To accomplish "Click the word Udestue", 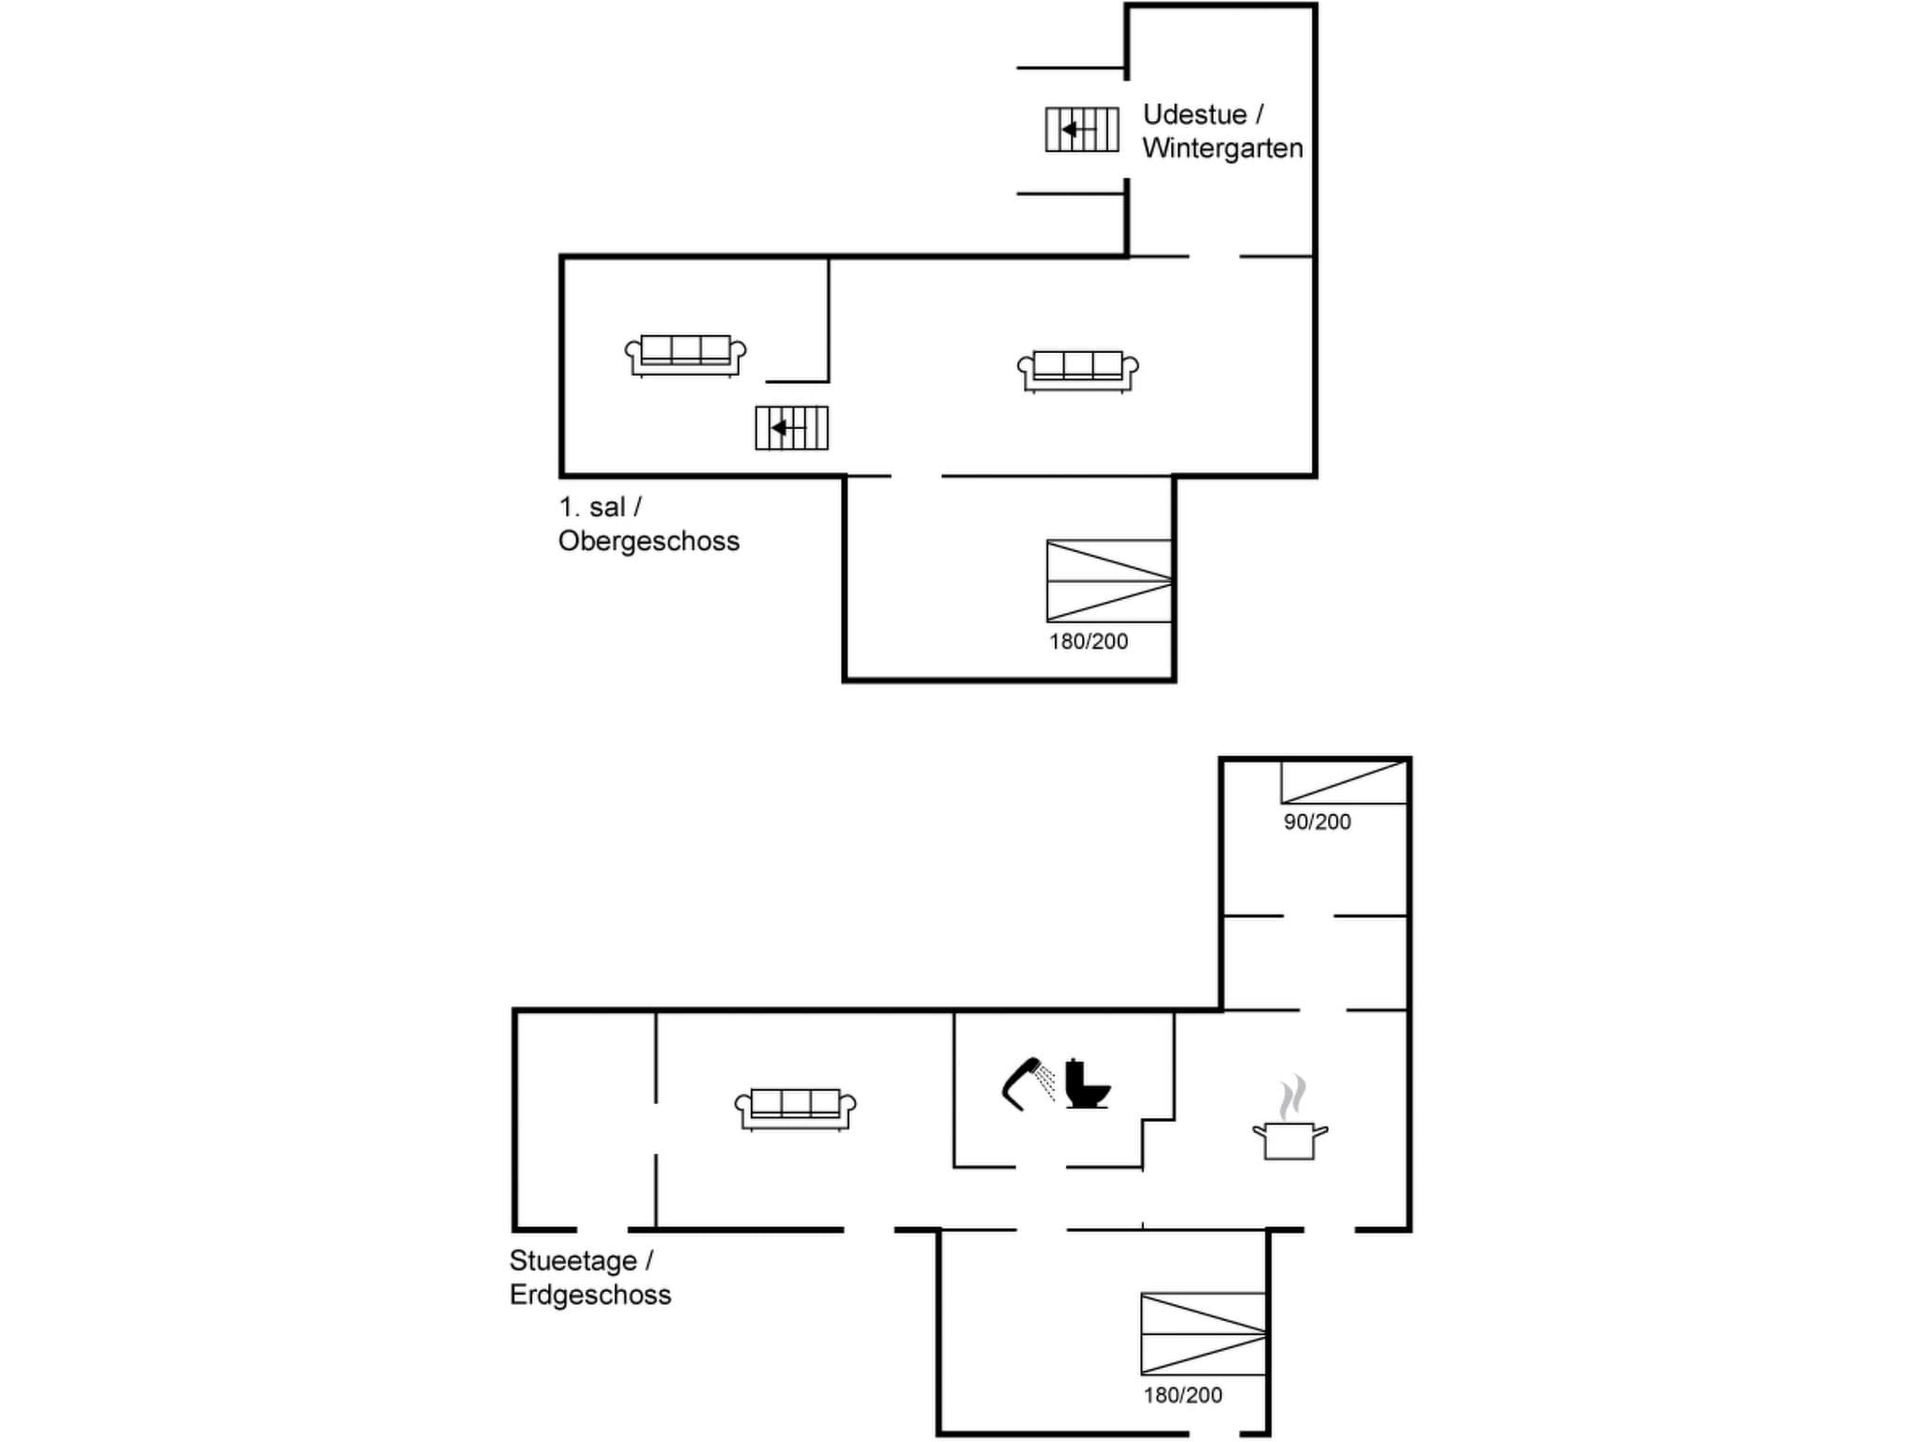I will click(x=1195, y=115).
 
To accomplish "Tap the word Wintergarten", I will click(x=1223, y=148).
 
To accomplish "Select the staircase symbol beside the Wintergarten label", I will click(x=1082, y=130).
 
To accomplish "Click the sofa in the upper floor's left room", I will click(x=685, y=355).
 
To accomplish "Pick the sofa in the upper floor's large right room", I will click(x=1077, y=371).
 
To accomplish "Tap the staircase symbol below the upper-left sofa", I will click(x=791, y=428).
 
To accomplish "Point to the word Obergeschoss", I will click(x=648, y=542).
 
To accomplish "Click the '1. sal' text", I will click(x=592, y=508).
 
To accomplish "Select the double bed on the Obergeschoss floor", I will click(x=1108, y=581).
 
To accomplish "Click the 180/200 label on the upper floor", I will click(x=1089, y=642).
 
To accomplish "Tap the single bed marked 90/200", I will click(x=1343, y=783).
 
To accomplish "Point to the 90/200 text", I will click(x=1318, y=822).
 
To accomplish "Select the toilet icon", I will click(x=1087, y=1083).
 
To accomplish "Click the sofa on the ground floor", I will click(x=795, y=1109).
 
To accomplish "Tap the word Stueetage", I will click(x=572, y=1261).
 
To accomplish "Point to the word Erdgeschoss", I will click(x=590, y=1296).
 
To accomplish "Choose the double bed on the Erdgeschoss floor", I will click(x=1202, y=1334).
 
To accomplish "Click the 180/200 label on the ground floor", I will click(x=1182, y=1396).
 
